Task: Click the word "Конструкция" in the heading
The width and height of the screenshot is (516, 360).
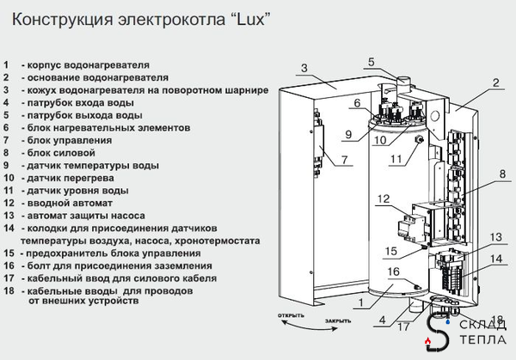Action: (54, 19)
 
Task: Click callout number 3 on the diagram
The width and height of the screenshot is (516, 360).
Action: (305, 68)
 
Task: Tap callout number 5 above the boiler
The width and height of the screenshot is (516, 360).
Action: (371, 61)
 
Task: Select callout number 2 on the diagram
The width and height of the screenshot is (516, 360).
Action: (496, 83)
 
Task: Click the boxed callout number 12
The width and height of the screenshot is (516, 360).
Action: (384, 200)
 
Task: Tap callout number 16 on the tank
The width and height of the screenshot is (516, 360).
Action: (392, 272)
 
